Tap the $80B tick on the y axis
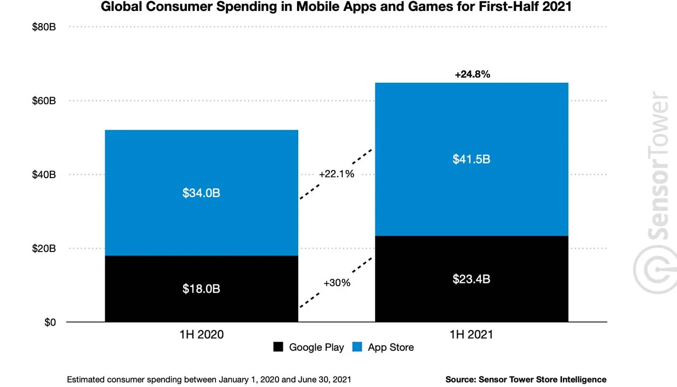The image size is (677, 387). (x=44, y=27)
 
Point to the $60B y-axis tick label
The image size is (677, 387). (x=44, y=101)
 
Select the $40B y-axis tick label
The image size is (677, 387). (x=44, y=175)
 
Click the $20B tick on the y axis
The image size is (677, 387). (x=44, y=248)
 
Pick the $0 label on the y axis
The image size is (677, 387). (x=49, y=322)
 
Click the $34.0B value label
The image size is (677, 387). (x=201, y=193)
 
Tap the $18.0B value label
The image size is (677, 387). (x=201, y=288)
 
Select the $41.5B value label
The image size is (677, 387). (x=471, y=160)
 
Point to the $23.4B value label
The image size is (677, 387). (x=471, y=279)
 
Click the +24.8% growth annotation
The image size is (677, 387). (x=472, y=74)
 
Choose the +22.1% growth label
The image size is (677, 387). (x=337, y=174)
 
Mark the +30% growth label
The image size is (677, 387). (x=337, y=283)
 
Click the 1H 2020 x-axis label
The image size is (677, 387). (x=201, y=334)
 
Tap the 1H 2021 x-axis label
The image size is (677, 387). (x=471, y=334)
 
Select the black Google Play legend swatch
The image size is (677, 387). (x=278, y=347)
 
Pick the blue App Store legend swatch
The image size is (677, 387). (x=357, y=347)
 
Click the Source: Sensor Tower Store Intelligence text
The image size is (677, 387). (x=526, y=379)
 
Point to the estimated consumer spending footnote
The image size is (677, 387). (x=209, y=379)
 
